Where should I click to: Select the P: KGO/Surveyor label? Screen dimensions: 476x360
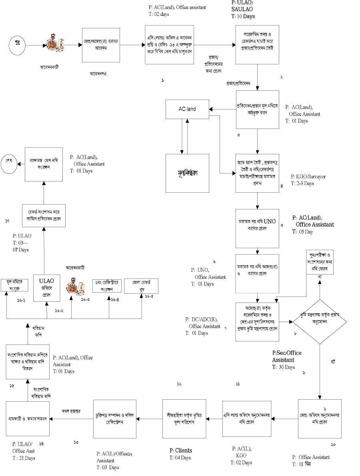coord(308,176)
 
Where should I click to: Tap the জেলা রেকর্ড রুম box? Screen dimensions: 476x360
coord(141,286)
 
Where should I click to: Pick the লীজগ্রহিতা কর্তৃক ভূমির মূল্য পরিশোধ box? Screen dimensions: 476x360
coord(184,418)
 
